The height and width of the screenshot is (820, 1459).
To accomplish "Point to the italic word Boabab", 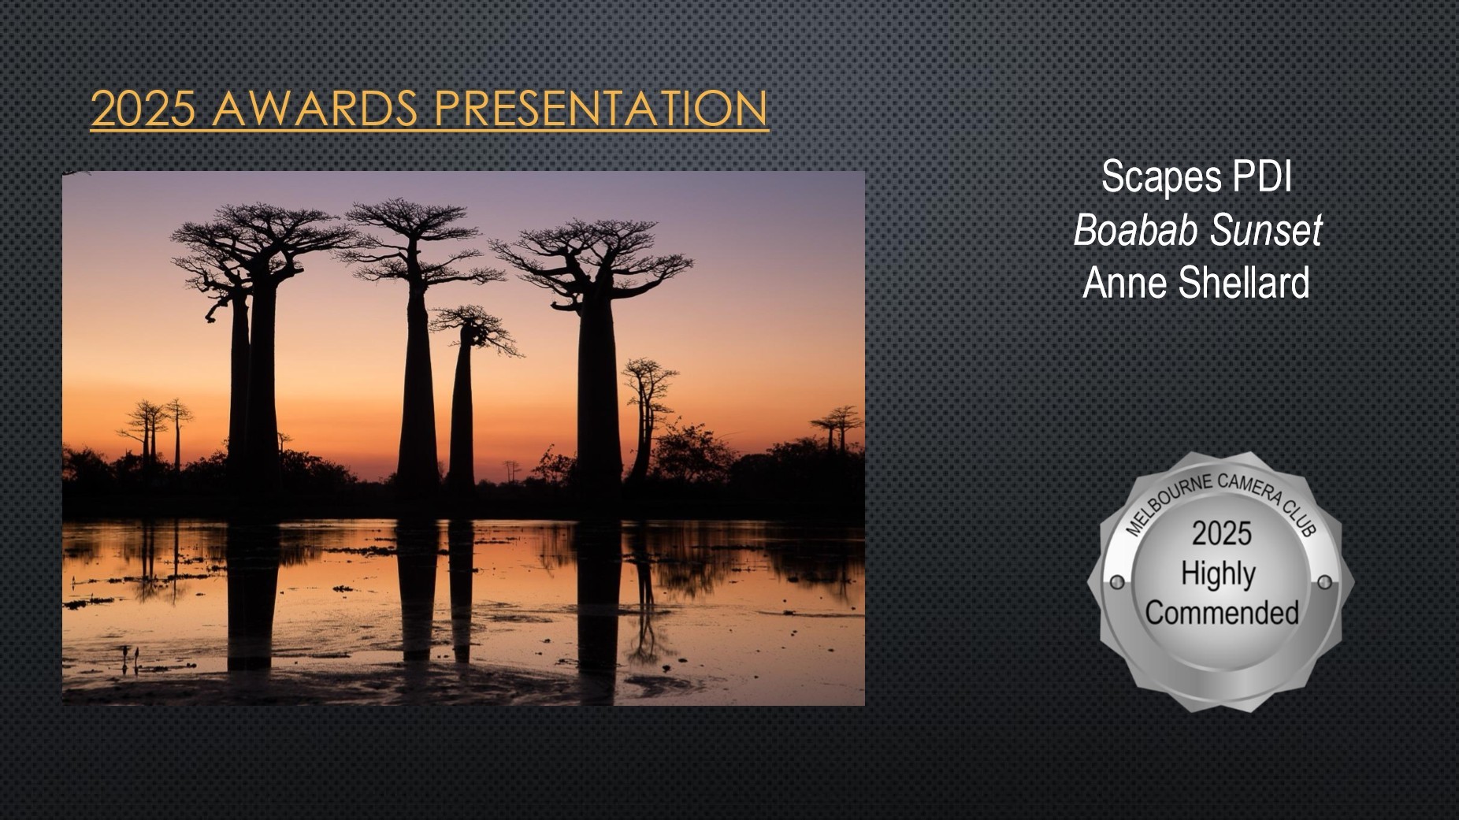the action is tap(1136, 230).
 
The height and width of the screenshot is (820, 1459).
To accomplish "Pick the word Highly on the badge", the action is tap(1217, 574).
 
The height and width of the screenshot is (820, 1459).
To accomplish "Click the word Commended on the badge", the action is tap(1222, 612).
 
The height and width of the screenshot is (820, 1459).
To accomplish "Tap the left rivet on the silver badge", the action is tap(1116, 584).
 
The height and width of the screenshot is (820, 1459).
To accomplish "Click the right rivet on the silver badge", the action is tap(1325, 582).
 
